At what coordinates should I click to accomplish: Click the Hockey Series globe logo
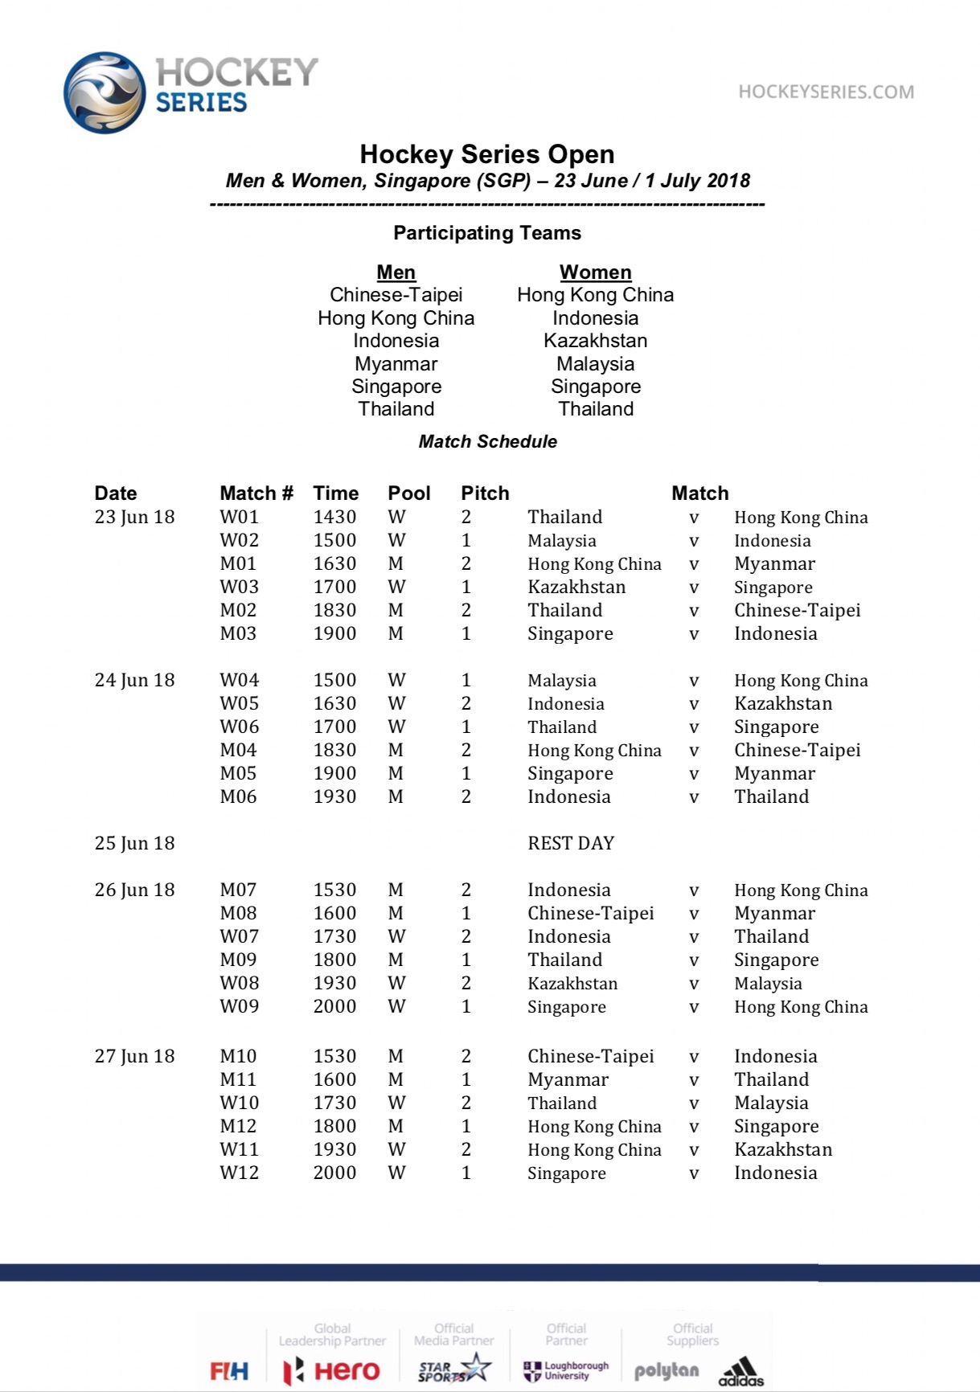(x=105, y=93)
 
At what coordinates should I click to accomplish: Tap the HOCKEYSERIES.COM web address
(x=826, y=92)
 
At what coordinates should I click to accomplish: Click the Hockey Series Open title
(x=487, y=154)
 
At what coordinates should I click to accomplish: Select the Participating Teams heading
(x=487, y=233)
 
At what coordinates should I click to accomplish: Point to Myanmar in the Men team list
(x=396, y=363)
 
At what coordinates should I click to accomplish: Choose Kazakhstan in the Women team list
(x=595, y=341)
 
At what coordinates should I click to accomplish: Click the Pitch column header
(x=485, y=493)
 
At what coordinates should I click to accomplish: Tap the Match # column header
(x=256, y=493)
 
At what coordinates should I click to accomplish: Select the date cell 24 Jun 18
(x=134, y=680)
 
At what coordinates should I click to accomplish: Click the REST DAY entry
(x=571, y=843)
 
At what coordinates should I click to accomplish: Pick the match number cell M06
(x=239, y=796)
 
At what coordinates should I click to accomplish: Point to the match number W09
(x=240, y=1006)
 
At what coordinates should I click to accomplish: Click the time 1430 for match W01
(x=334, y=517)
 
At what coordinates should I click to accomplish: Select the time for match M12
(x=334, y=1126)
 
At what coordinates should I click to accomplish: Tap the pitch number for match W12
(x=466, y=1173)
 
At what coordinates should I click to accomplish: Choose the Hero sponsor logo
(x=331, y=1370)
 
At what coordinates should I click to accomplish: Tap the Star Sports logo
(x=454, y=1368)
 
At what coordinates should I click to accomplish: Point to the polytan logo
(x=666, y=1370)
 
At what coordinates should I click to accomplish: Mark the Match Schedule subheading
(x=487, y=441)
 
